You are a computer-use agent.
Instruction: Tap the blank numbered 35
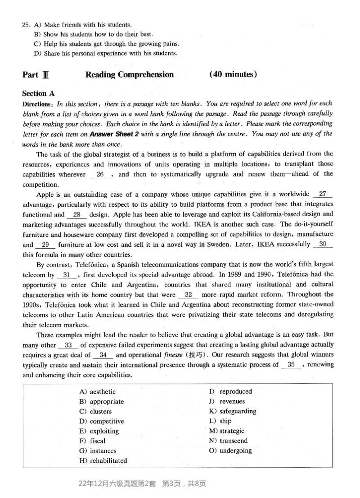click(293, 365)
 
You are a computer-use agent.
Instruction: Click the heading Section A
click(38, 94)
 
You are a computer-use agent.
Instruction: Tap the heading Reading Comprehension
click(129, 75)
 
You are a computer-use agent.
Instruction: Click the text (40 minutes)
click(233, 74)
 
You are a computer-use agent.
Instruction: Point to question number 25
click(26, 24)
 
